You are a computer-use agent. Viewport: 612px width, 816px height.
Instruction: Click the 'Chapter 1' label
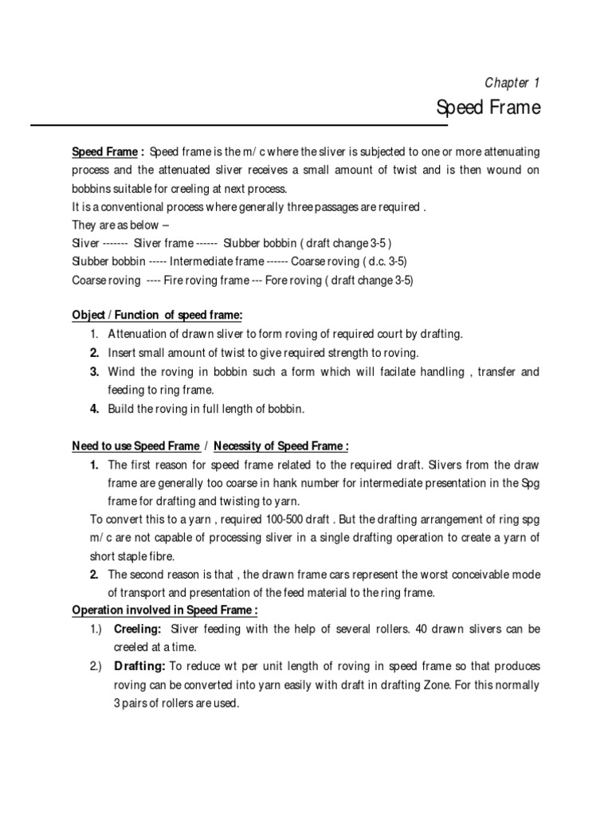tap(512, 83)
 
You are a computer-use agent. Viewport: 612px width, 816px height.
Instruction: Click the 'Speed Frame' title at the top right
tap(488, 108)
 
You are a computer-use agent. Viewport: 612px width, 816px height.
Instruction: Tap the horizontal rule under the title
tap(239, 125)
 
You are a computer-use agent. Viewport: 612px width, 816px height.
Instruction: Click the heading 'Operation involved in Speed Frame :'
tap(165, 610)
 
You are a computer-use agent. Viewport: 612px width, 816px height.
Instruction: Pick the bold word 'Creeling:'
tap(138, 629)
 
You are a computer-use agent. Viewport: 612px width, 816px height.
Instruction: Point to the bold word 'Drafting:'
tap(139, 665)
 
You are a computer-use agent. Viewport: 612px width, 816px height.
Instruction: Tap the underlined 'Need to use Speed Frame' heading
tap(136, 446)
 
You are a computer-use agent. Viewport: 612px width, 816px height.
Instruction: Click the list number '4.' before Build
tap(94, 409)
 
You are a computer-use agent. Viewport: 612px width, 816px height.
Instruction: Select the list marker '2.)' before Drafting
tap(96, 665)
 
